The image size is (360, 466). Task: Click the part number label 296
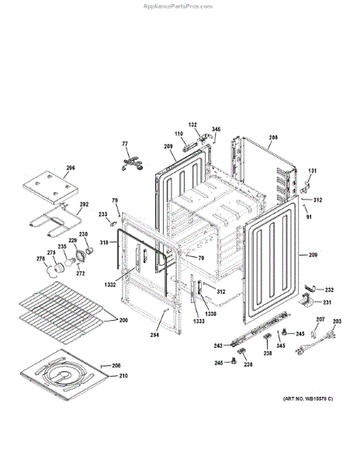click(x=70, y=167)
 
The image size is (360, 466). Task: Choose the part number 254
click(x=155, y=335)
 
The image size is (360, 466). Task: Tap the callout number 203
click(x=337, y=321)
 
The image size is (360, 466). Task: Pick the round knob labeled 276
click(x=54, y=270)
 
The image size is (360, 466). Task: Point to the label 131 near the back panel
click(x=313, y=171)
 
